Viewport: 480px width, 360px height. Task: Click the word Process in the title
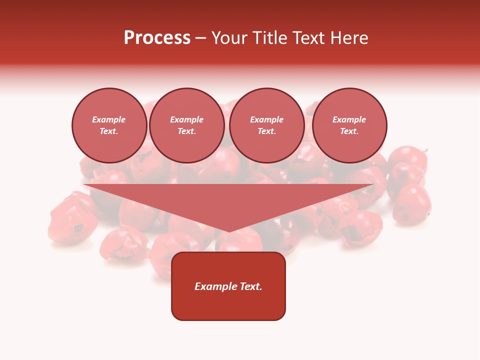157,38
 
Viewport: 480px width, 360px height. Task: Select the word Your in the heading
228,38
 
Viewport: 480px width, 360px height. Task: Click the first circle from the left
109,125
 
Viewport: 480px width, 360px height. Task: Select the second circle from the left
187,125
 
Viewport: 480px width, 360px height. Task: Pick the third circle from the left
266,125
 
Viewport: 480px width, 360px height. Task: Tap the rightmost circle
349,125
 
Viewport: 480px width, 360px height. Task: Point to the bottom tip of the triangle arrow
229,231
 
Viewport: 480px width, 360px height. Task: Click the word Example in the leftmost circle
109,119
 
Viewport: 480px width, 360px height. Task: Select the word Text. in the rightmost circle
349,131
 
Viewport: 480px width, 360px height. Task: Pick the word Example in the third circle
266,119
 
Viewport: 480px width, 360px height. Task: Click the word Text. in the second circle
187,131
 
